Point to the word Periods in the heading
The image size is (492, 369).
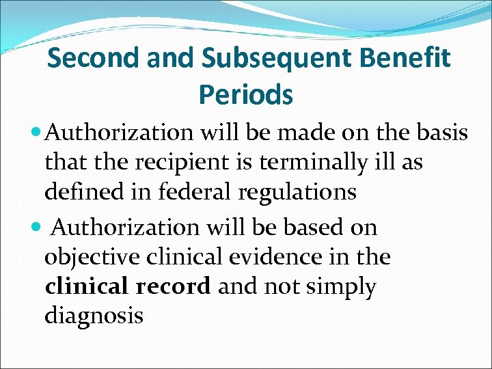246,94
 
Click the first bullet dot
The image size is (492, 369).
36,133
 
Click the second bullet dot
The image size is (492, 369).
36,227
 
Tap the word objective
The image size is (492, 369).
90,258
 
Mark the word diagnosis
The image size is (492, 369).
94,317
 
